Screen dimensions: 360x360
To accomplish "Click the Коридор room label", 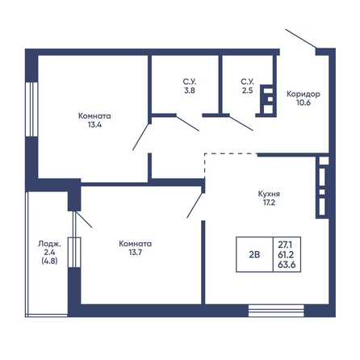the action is (303, 94).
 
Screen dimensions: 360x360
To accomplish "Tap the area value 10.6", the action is (303, 103).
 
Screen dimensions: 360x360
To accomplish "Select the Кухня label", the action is (269, 194).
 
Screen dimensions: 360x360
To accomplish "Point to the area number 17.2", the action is (269, 203).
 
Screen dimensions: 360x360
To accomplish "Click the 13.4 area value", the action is (94, 125).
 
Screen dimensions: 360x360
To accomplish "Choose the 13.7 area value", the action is (135, 253).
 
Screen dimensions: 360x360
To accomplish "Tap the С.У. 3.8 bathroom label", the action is (190, 86).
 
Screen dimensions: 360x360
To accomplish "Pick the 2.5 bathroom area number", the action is (247, 90).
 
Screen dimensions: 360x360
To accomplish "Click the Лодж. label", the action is (49, 244).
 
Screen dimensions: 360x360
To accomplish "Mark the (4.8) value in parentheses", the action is (49, 261).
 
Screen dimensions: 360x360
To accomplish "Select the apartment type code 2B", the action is (254, 254).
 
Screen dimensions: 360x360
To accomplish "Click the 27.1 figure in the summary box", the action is (285, 245).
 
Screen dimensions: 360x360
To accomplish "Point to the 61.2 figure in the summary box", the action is (286, 254).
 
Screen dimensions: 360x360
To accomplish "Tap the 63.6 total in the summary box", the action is (287, 265).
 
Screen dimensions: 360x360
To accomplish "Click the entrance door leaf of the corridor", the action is (300, 39).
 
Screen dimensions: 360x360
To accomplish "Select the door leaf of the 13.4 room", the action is (140, 136).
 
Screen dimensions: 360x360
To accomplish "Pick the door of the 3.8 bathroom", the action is (187, 123).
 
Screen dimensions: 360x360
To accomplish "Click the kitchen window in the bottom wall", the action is (276, 311).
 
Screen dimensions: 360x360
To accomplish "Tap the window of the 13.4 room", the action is (31, 109).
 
